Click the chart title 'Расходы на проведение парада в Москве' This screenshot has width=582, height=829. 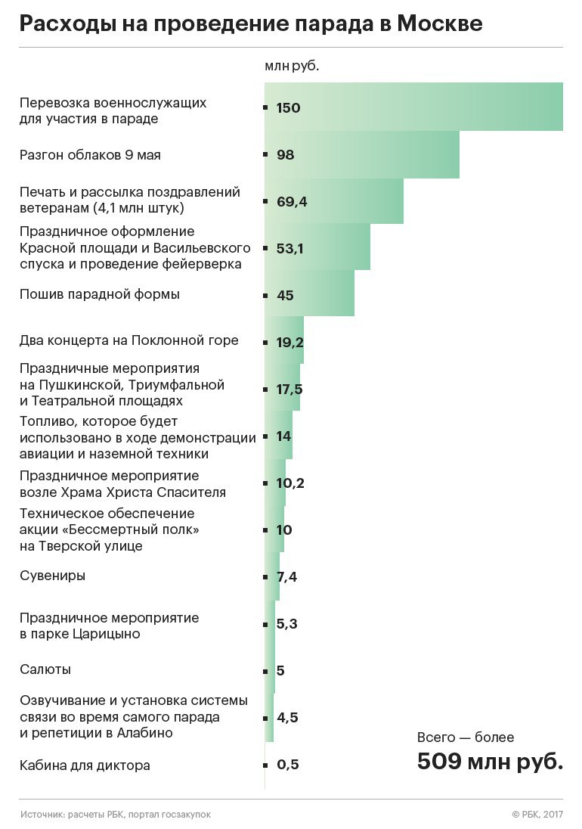[250, 24]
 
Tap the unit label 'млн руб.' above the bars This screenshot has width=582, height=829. [292, 66]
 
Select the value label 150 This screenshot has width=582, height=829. [288, 108]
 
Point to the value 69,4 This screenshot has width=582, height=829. [292, 202]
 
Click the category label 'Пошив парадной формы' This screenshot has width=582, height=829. [99, 294]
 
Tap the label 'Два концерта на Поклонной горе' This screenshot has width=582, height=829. [128, 340]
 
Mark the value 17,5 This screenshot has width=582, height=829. [290, 390]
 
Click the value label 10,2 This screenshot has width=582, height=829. [290, 483]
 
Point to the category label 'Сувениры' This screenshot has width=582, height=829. [52, 576]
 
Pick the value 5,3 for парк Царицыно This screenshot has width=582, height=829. [287, 624]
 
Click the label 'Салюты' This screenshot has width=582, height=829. [45, 669]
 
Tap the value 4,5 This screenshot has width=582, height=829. [287, 718]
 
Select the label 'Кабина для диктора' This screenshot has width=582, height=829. [85, 765]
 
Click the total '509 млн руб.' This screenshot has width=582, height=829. [490, 761]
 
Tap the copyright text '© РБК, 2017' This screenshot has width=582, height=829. [537, 815]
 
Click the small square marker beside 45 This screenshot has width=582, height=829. [265, 295]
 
